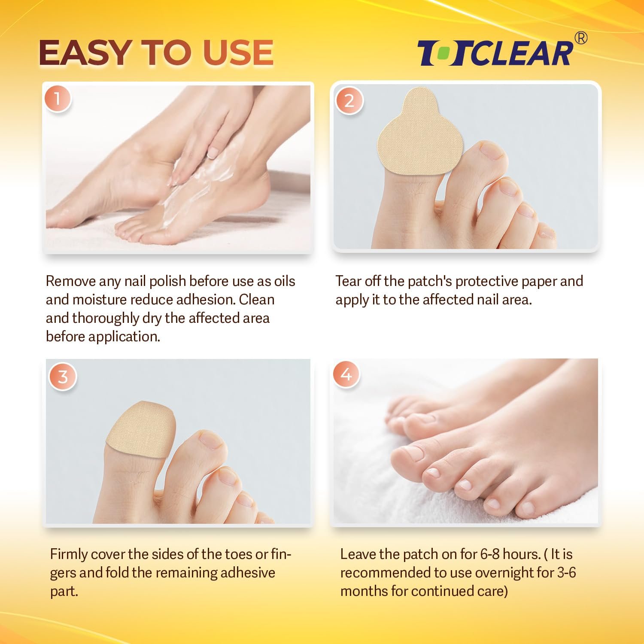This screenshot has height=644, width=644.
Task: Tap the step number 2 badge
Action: (349, 100)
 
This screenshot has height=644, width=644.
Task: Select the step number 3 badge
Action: (63, 377)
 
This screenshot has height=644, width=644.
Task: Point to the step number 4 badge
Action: (346, 374)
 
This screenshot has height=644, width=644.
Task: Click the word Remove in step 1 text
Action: (70, 281)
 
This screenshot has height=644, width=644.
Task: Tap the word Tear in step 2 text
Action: (348, 281)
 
